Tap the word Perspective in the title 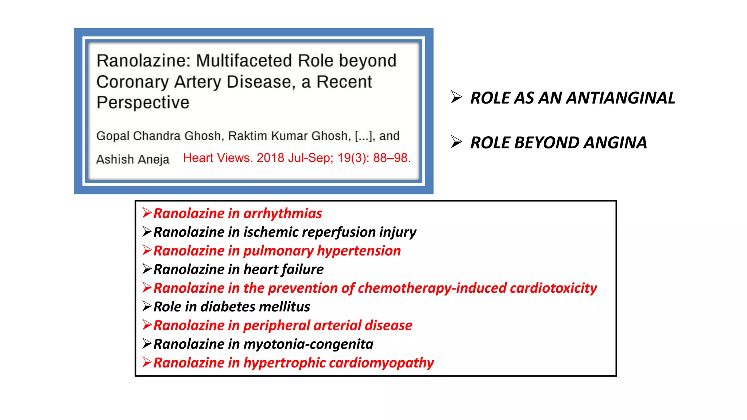[x=143, y=102]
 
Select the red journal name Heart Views [x=217, y=158]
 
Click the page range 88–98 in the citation [x=392, y=158]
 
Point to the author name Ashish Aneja [x=133, y=159]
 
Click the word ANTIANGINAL [x=620, y=98]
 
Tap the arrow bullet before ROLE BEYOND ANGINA [x=456, y=142]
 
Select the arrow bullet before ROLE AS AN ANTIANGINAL [x=456, y=97]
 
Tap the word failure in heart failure [x=302, y=269]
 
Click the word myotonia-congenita [x=308, y=344]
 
